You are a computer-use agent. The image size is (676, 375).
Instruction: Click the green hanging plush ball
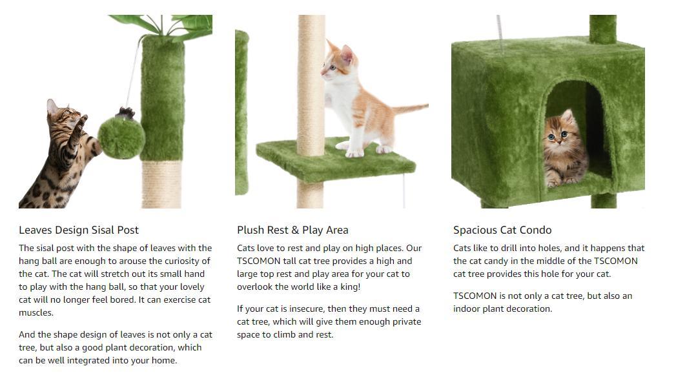(x=121, y=136)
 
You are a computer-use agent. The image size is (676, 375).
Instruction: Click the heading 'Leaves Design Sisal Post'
(x=79, y=230)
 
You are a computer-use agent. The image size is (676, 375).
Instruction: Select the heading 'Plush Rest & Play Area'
(x=292, y=230)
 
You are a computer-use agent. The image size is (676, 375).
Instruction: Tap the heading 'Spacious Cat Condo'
(x=502, y=230)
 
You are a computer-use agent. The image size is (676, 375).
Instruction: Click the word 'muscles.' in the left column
(x=36, y=312)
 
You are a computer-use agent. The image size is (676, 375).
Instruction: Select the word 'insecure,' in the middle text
(x=304, y=309)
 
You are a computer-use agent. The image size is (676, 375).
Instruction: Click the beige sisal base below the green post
(x=162, y=184)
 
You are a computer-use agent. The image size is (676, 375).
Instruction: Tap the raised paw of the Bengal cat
(x=82, y=119)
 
